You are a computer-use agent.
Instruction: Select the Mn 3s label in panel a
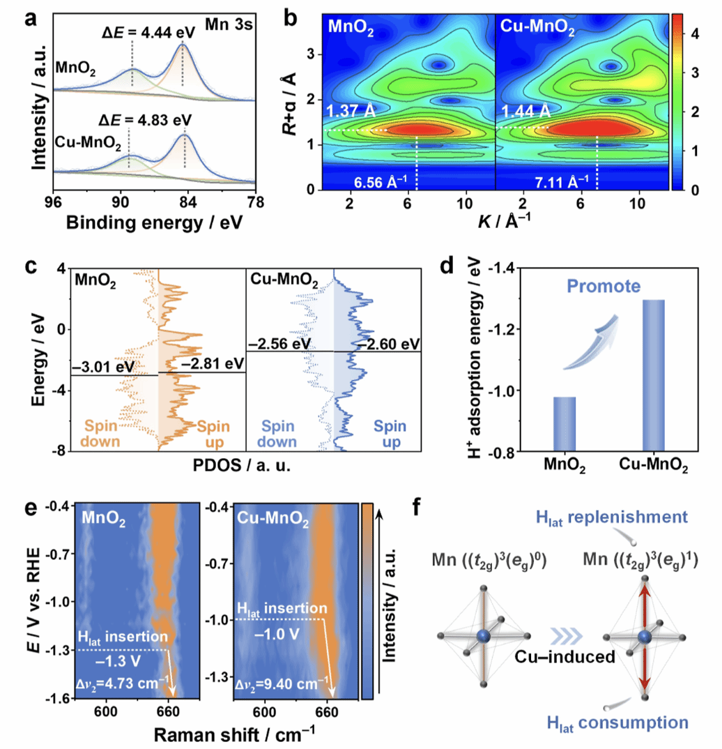tap(230, 26)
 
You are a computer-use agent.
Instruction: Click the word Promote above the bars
tap(615, 286)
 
